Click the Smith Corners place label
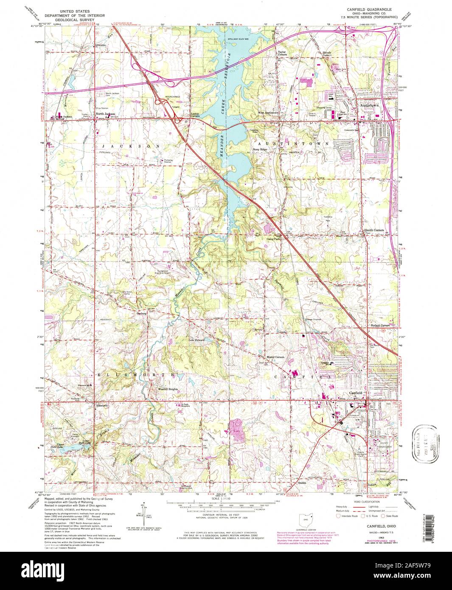point(374,230)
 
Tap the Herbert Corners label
point(379,326)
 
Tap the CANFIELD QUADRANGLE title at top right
point(368,9)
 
